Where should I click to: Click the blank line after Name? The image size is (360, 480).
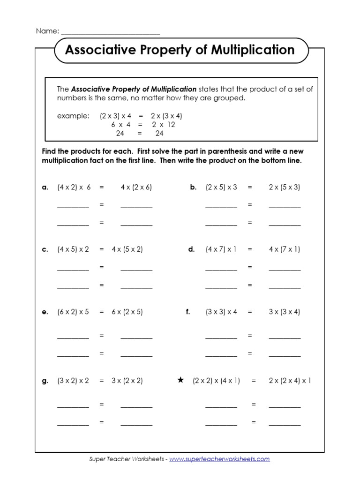(110, 32)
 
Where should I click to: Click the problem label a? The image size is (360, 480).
(45, 187)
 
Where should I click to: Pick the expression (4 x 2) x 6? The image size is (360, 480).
(74, 187)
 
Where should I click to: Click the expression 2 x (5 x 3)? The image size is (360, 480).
(285, 187)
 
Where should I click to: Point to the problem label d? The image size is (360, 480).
(191, 249)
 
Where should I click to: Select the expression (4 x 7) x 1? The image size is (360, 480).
(221, 249)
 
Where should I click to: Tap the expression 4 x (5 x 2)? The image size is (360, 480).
(127, 249)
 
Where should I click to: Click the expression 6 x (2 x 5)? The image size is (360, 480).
(127, 312)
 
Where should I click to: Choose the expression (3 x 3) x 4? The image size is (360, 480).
(221, 312)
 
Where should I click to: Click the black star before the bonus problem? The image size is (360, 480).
(180, 380)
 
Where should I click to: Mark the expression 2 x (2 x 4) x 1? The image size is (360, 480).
(290, 381)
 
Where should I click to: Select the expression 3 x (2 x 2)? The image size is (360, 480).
(127, 381)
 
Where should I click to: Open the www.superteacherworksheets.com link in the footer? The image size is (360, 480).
(219, 459)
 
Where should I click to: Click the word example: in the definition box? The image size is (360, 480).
(73, 116)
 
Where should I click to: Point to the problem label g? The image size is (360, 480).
(45, 381)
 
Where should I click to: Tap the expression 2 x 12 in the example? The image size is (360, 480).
(163, 125)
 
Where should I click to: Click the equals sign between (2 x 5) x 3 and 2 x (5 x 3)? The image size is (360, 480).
(250, 187)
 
